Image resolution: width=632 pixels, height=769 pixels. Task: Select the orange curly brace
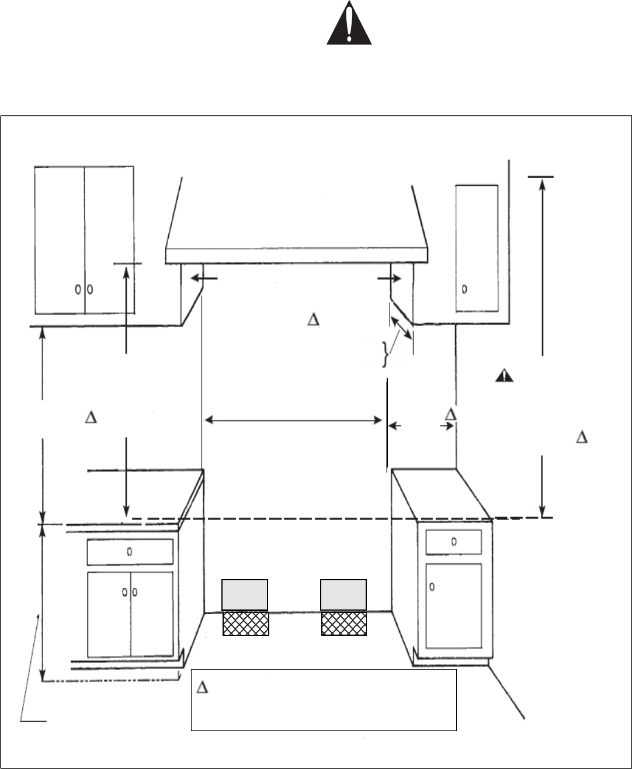384,355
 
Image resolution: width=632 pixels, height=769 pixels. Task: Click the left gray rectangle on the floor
245,595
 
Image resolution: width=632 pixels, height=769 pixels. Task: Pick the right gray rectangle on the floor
344,595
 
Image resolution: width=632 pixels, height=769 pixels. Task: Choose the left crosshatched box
245,623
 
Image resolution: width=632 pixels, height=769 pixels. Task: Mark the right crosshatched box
344,623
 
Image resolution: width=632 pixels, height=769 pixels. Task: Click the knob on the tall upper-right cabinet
465,289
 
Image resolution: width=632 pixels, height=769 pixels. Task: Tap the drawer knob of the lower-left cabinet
130,551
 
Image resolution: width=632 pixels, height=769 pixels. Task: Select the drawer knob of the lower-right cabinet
454,541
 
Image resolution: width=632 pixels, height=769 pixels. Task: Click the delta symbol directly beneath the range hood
313,320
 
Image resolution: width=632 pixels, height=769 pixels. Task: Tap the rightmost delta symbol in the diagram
582,437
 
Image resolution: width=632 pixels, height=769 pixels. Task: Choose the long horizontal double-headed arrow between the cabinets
292,420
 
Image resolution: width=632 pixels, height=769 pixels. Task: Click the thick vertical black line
387,424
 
